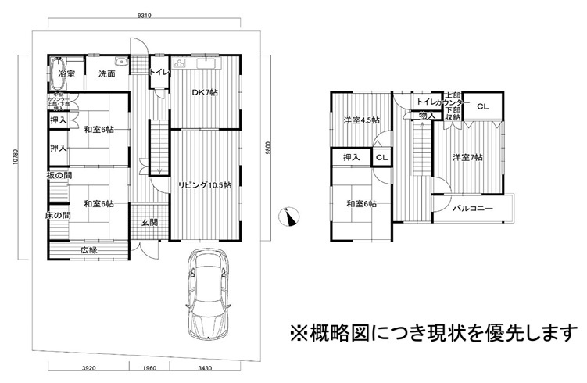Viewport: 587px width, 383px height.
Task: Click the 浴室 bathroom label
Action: coord(66,73)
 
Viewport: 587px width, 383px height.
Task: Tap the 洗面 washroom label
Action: coord(107,73)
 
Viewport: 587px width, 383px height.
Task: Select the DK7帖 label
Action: coord(206,92)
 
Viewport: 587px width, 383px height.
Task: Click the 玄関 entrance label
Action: coord(149,223)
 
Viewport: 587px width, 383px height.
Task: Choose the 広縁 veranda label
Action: coord(88,251)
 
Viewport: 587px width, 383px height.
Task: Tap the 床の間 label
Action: coord(58,215)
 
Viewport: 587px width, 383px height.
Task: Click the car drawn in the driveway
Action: coord(206,293)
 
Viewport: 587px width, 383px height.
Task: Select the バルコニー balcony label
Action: coord(476,209)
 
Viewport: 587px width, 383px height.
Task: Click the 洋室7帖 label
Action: coord(468,158)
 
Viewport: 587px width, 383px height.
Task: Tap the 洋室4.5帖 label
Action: coord(361,120)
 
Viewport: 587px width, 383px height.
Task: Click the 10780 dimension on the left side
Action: coord(15,164)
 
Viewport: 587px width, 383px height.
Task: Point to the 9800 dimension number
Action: coord(268,149)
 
